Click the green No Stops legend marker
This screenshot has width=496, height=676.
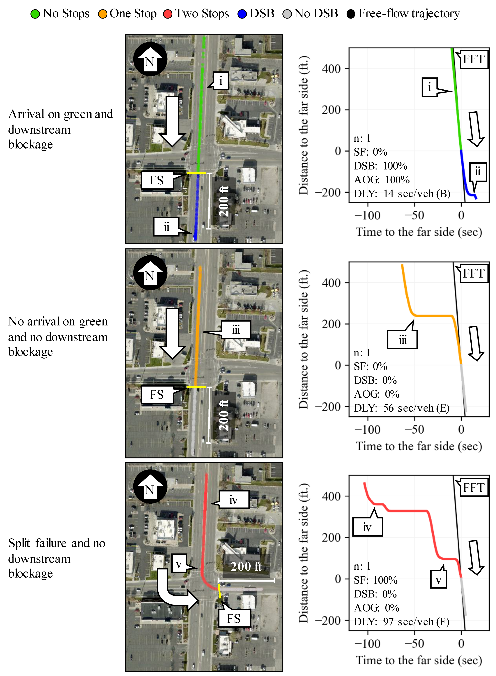[35, 14]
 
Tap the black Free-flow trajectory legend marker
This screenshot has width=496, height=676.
[350, 14]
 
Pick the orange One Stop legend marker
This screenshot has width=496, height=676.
[102, 14]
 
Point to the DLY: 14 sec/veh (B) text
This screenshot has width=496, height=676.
[402, 194]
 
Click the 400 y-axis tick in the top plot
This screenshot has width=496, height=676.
[331, 69]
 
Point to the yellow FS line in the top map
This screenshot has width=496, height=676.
[196, 173]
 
